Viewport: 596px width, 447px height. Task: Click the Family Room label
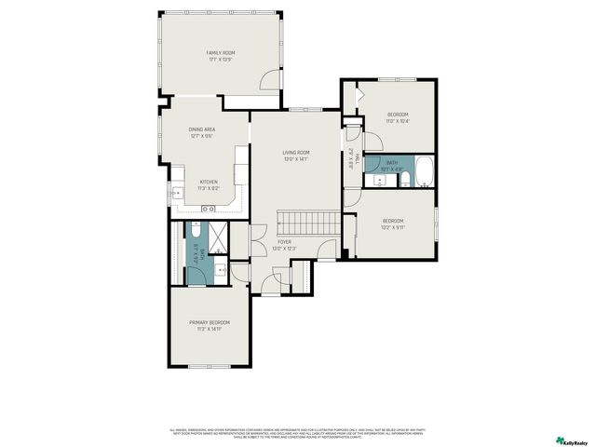point(221,57)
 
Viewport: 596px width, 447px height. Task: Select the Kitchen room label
point(209,184)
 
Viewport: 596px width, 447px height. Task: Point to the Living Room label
point(296,156)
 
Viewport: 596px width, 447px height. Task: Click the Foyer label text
point(284,245)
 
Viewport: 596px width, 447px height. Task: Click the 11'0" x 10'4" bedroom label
point(398,117)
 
